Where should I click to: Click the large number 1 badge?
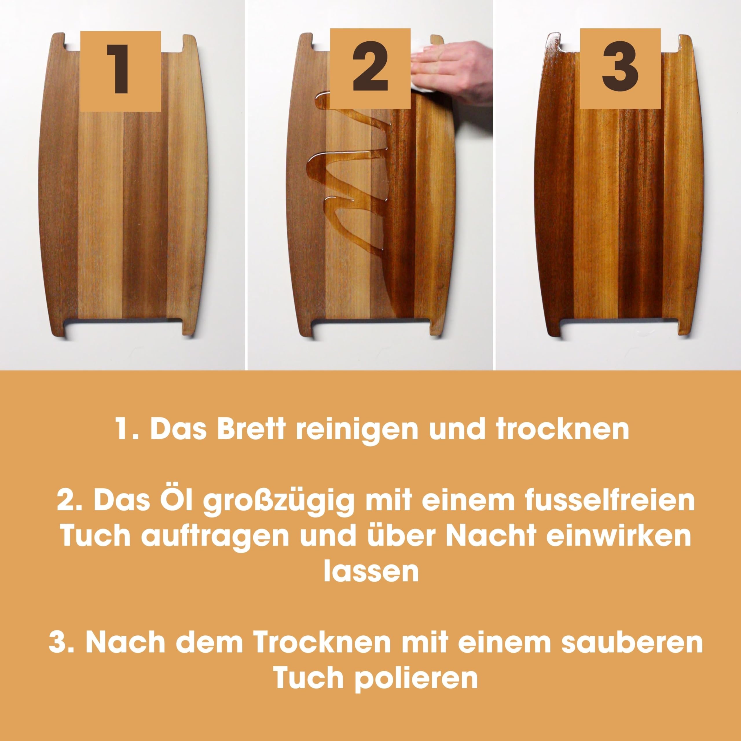pos(120,71)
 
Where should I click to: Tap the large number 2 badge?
pos(370,68)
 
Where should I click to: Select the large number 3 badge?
pos(620,68)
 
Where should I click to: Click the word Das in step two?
pos(122,500)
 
